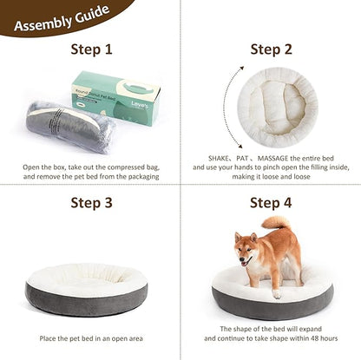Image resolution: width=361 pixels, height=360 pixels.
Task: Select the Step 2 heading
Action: [272, 49]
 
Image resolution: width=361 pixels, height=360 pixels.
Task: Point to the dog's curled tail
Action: [277, 225]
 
